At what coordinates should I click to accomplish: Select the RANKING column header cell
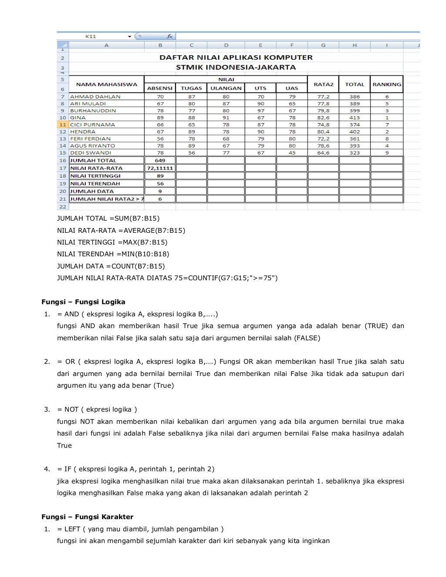pyautogui.click(x=387, y=84)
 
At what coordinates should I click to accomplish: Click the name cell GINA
pyautogui.click(x=78, y=117)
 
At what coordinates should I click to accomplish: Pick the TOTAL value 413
pyautogui.click(x=355, y=117)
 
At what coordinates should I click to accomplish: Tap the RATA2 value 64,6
pyautogui.click(x=323, y=153)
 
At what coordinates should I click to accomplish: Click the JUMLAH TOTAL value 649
pyautogui.click(x=160, y=161)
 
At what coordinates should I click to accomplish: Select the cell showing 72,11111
pyautogui.click(x=160, y=168)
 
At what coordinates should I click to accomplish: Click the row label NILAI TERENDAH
pyautogui.click(x=96, y=184)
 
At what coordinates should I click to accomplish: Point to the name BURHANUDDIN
pyautogui.click(x=93, y=111)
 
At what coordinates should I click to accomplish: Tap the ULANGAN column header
pyautogui.click(x=226, y=88)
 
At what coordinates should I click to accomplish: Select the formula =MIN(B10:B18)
pyautogui.click(x=142, y=254)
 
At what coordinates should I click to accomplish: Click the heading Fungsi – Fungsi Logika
pyautogui.click(x=83, y=302)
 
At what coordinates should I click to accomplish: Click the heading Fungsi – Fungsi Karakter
pyautogui.click(x=87, y=517)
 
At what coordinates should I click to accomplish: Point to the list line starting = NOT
pyautogui.click(x=97, y=409)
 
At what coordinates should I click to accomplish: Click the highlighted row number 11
pyautogui.click(x=62, y=124)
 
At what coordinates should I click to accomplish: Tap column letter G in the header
pyautogui.click(x=323, y=45)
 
